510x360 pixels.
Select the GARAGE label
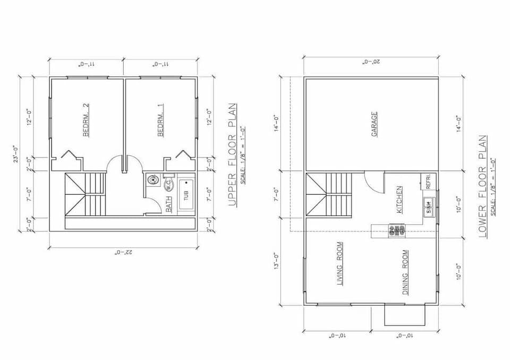point(375,124)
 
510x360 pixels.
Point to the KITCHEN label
point(399,199)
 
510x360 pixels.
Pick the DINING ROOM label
point(405,272)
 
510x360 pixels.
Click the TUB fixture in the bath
point(186,195)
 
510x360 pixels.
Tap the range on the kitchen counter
point(397,230)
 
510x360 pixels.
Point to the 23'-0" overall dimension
point(15,158)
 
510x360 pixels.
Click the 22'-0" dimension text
point(124,252)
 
